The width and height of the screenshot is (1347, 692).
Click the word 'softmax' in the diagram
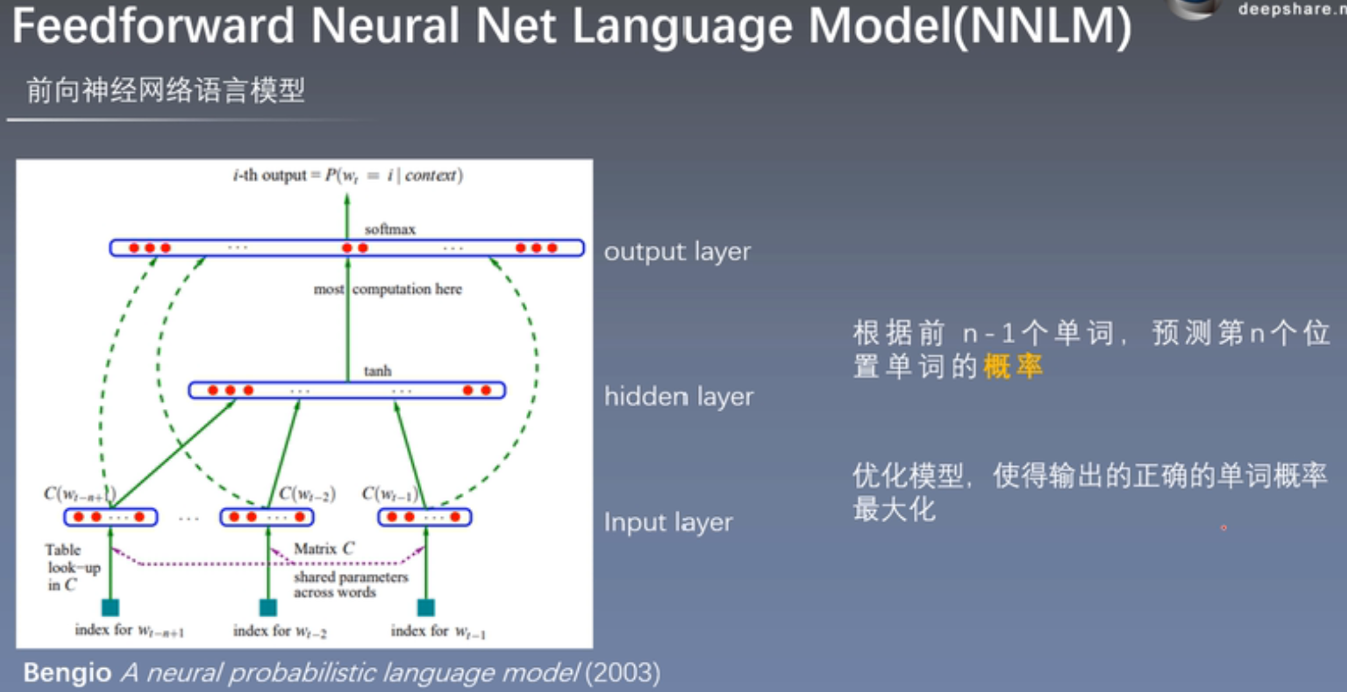[390, 230]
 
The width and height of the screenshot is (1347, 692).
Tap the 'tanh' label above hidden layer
[377, 371]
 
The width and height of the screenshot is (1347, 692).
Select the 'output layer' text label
[677, 252]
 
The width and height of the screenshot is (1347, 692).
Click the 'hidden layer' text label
[678, 396]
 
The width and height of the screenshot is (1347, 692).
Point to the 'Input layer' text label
[668, 522]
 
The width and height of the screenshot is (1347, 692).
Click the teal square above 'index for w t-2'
[268, 607]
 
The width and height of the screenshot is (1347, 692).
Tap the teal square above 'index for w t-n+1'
[110, 607]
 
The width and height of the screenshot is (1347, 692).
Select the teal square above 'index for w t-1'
[426, 607]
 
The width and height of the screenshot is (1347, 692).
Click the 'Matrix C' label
[324, 549]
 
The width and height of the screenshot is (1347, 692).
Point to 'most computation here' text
[388, 289]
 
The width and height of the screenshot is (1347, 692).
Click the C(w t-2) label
[307, 494]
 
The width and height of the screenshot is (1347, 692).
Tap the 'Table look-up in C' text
[71, 568]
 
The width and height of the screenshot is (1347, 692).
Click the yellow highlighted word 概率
[1013, 367]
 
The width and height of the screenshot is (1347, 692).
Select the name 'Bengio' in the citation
[67, 673]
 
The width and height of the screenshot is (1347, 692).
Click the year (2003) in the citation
[622, 673]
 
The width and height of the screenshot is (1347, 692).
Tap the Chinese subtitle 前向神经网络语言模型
[165, 90]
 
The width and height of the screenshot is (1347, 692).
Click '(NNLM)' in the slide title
[1041, 27]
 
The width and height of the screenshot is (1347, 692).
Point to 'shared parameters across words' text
[350, 584]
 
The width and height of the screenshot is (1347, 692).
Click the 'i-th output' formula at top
[347, 175]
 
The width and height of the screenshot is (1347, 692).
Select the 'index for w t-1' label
[438, 631]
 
